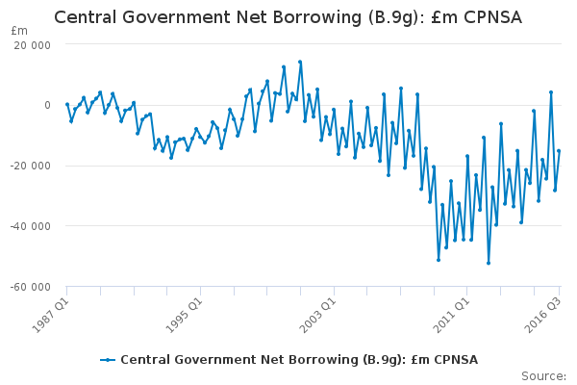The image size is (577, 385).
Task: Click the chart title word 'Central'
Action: (x=86, y=17)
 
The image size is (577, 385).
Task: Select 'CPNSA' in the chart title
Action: (x=492, y=17)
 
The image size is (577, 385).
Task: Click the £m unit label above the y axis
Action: (x=19, y=31)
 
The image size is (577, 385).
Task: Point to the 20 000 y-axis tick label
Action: (x=32, y=45)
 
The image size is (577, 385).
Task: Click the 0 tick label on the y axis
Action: (x=47, y=105)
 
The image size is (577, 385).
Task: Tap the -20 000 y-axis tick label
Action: (x=30, y=166)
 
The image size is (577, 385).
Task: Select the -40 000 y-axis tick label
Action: (x=30, y=226)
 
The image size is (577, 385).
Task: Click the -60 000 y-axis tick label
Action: (x=30, y=287)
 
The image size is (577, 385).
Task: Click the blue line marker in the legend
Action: (x=108, y=360)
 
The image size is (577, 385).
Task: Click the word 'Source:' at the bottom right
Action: (x=544, y=376)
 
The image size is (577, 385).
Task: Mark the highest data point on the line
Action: (x=300, y=62)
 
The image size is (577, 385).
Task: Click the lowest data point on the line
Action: (x=489, y=263)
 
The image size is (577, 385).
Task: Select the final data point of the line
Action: (x=559, y=151)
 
